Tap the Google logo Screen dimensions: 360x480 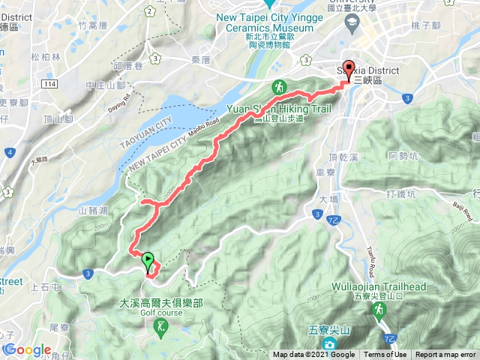point(27,350)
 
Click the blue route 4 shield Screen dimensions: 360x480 point(9,153)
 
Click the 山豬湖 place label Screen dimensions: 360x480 point(94,211)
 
